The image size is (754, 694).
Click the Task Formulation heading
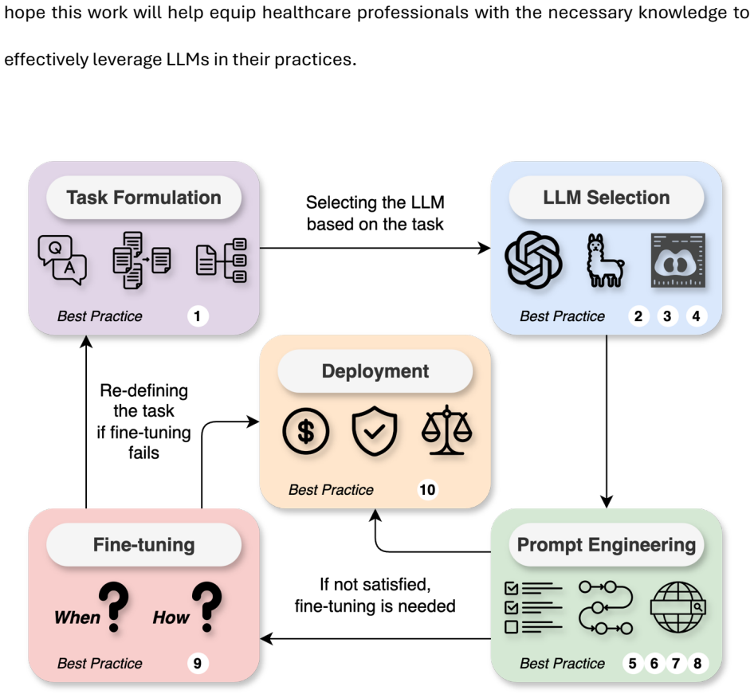pos(143,198)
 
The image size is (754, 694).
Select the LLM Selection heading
pos(607,198)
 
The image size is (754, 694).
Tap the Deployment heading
pos(375,371)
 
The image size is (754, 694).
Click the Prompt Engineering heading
pos(607,545)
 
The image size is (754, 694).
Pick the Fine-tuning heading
pos(143,545)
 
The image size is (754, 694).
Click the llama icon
pos(604,260)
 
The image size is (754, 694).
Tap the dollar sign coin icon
pos(306,430)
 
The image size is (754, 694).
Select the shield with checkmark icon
pos(375,430)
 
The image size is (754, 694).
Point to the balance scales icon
pos(446,429)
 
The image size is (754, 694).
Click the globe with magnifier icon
pos(677,607)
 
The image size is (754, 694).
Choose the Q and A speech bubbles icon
pos(62,260)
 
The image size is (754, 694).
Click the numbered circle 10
pos(427,490)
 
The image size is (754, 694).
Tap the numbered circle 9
pos(197,663)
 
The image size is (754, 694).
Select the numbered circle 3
pos(667,316)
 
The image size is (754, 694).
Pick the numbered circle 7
pos(676,663)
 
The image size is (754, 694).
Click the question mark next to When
pos(114,606)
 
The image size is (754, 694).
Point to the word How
pos(171,618)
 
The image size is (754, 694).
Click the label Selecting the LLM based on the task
pos(375,214)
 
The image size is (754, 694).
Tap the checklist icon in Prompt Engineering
pos(533,607)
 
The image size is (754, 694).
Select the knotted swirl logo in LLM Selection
pos(533,260)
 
